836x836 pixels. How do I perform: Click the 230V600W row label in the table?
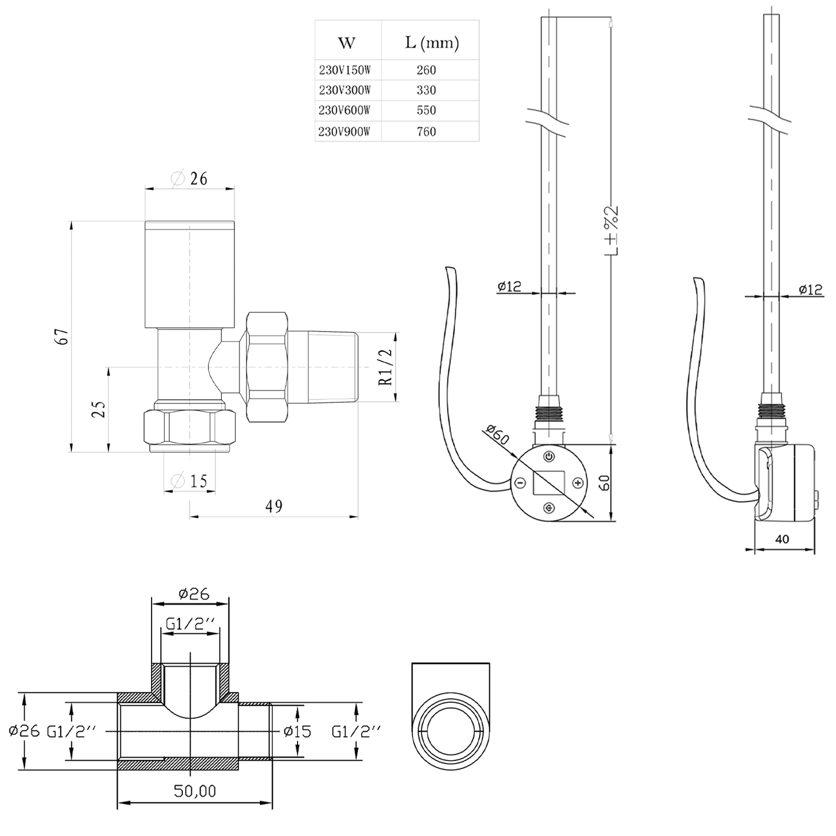344,110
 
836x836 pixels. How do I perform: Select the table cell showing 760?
426,132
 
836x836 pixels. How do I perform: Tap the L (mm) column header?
431,43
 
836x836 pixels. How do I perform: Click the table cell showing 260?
426,70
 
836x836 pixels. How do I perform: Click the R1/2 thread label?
386,367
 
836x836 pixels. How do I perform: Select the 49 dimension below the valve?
274,506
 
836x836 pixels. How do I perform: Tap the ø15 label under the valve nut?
190,480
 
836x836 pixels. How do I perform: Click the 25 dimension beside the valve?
99,410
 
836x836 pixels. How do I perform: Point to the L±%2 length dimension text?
612,231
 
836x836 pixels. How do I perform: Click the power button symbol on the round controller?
550,456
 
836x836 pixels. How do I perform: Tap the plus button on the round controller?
578,483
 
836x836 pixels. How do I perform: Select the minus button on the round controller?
519,483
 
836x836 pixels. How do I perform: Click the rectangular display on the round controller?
549,482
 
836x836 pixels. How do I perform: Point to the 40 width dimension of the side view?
782,539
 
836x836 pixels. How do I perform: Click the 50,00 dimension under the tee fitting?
195,790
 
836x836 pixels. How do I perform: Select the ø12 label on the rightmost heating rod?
810,289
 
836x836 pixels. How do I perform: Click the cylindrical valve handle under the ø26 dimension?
189,274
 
